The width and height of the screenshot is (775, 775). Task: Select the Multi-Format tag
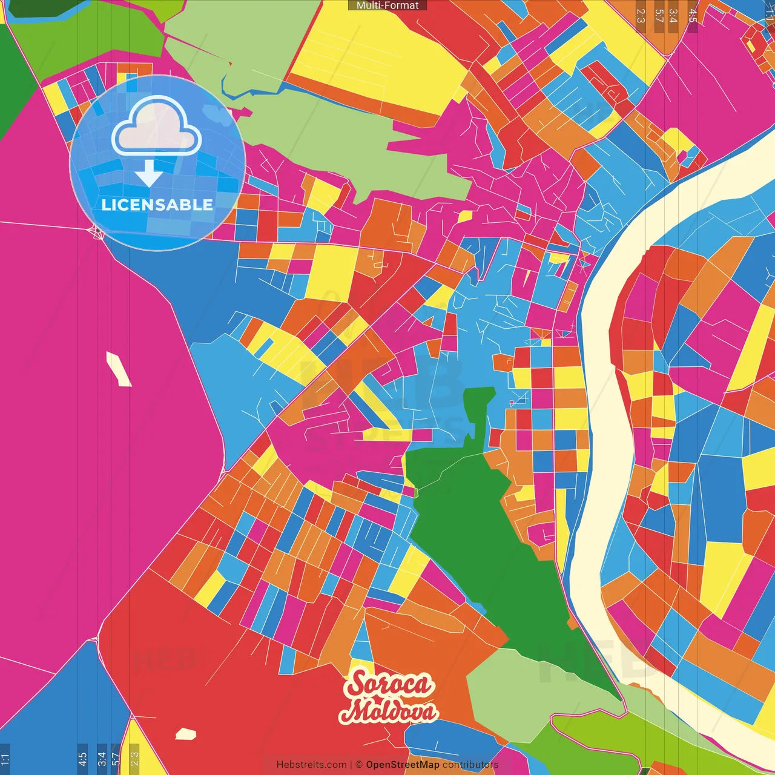point(387,5)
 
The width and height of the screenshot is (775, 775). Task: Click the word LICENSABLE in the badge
point(157,205)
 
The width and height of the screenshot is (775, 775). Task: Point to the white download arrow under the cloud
point(148,173)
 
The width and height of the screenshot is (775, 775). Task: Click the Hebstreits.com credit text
point(311,765)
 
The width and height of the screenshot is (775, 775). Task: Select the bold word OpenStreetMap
point(402,765)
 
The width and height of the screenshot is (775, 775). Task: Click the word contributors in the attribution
point(470,765)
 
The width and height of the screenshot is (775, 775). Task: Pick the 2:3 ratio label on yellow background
point(134,759)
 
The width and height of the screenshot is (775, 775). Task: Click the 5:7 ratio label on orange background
point(659,15)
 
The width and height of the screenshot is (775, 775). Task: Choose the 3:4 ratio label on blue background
point(102,759)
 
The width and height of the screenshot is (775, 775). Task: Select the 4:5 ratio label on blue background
point(82,759)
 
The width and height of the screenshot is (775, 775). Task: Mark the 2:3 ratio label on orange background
point(641,15)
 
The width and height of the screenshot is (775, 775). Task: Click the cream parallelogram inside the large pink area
point(119,368)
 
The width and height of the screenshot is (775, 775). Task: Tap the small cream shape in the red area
point(186,734)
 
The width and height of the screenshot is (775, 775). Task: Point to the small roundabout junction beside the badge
point(97,232)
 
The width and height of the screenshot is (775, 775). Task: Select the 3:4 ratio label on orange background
point(673,15)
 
